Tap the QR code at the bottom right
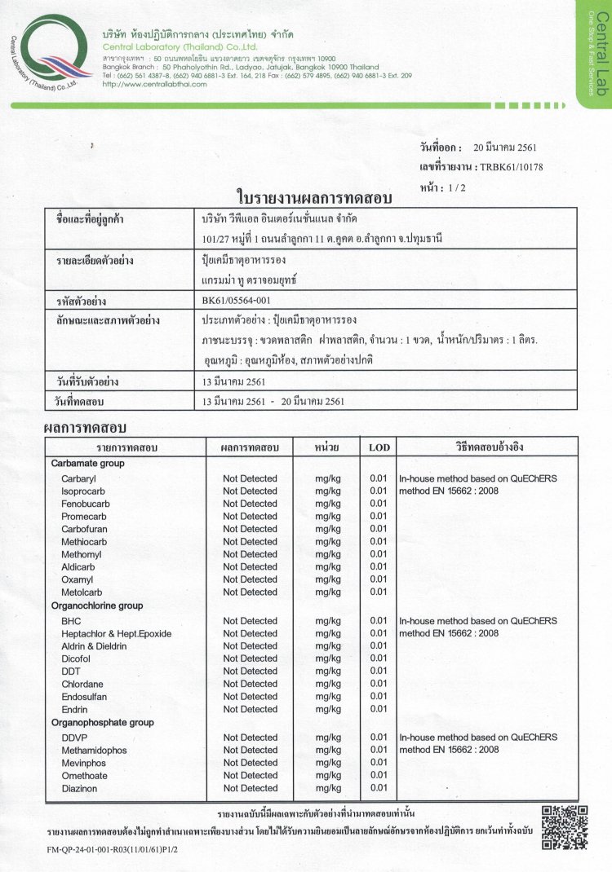point(565,828)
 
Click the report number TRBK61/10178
point(512,167)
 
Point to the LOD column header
point(379,447)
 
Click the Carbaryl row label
point(78,478)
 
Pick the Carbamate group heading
point(87,463)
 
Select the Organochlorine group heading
point(96,606)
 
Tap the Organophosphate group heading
point(102,722)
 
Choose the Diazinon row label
point(79,788)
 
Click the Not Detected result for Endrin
point(250,709)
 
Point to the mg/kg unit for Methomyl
point(327,554)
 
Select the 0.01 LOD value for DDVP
point(378,738)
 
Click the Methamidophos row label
point(94,750)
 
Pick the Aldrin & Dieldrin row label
point(94,645)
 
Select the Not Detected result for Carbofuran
point(250,529)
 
